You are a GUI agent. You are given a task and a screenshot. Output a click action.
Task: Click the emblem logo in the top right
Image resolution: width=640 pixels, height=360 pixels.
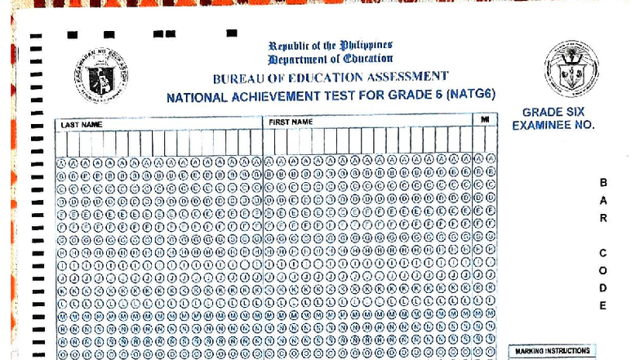pos(571,69)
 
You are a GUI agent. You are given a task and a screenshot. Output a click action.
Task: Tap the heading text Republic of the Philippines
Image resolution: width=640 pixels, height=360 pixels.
pos(330,45)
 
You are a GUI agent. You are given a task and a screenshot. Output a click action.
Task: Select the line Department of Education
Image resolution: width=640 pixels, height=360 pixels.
pos(330,59)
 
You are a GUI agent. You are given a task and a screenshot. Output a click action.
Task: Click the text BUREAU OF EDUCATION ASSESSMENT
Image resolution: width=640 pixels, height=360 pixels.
pos(330,78)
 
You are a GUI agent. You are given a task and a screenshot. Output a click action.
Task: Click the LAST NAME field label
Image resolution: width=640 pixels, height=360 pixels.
pos(82,124)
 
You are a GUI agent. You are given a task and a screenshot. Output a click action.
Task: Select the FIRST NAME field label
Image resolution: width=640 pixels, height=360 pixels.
pos(291,122)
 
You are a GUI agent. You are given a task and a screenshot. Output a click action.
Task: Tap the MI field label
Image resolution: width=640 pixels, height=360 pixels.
pos(485,120)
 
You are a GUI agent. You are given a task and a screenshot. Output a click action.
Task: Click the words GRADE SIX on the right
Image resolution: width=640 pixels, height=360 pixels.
pos(553,112)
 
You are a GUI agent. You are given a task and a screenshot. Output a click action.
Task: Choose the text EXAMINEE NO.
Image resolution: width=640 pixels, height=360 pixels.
pos(553,126)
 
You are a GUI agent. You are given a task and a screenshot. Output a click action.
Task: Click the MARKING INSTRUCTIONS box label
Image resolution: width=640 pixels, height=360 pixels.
pos(552,351)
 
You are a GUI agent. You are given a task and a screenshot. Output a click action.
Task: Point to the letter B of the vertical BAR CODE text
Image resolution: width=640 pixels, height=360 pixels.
pos(603,183)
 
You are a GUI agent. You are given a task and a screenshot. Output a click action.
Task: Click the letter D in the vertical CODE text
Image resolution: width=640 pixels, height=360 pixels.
pos(603,288)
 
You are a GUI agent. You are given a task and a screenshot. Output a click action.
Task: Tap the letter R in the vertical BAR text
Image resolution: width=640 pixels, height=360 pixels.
pos(603,218)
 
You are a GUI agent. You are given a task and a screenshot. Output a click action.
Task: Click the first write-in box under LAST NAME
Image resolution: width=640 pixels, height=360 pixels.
pos(62,143)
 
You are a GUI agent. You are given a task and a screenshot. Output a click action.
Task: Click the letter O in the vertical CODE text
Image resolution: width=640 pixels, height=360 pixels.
pos(603,271)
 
